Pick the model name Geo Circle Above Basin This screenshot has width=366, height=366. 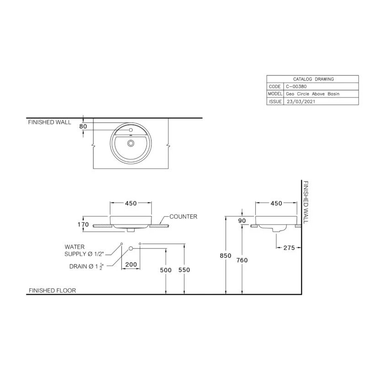pos(312,94)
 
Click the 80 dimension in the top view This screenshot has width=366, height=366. pos(83,126)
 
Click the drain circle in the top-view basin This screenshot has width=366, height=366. pos(131,143)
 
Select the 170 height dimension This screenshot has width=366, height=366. pos(82,225)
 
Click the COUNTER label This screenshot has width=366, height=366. pos(183,216)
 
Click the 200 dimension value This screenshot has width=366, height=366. pos(131,264)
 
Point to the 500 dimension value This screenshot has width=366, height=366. pos(166,270)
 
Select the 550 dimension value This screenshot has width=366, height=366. pos(184,270)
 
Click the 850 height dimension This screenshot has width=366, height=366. pos(226,256)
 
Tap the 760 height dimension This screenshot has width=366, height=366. pos(242,260)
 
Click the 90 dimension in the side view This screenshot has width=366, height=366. pos(242,221)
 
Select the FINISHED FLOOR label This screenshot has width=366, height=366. pos(52,291)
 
